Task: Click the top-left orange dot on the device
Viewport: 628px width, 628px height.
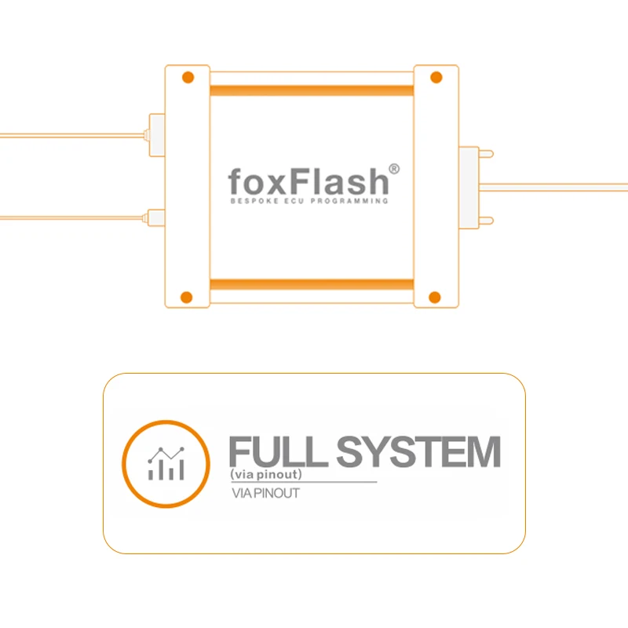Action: pyautogui.click(x=188, y=77)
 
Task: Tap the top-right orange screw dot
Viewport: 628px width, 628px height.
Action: pyautogui.click(x=436, y=77)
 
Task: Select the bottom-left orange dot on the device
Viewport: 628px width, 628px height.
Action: pyautogui.click(x=187, y=298)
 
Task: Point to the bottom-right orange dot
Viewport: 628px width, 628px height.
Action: pyautogui.click(x=435, y=298)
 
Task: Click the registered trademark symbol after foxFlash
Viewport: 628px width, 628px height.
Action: pyautogui.click(x=394, y=169)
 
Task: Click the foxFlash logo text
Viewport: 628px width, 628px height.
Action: pyautogui.click(x=309, y=181)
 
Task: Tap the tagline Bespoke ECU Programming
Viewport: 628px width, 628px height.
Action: pyautogui.click(x=309, y=201)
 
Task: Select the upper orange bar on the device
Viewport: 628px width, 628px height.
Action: pyautogui.click(x=312, y=90)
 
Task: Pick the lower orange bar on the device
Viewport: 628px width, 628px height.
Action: pyautogui.click(x=312, y=284)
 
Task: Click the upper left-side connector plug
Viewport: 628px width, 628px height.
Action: pyautogui.click(x=156, y=135)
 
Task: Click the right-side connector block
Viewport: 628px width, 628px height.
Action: pyautogui.click(x=469, y=188)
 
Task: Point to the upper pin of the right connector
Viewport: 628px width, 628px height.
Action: pyautogui.click(x=486, y=154)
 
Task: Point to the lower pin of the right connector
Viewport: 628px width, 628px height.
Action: pyautogui.click(x=486, y=221)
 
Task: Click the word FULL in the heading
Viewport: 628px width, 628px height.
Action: pyautogui.click(x=279, y=451)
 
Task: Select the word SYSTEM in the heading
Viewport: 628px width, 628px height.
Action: pyautogui.click(x=418, y=451)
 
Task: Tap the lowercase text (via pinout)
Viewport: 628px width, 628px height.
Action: pyautogui.click(x=266, y=474)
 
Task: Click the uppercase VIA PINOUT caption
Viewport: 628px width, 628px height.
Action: pyautogui.click(x=265, y=493)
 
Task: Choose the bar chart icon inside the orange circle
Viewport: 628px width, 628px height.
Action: pyautogui.click(x=166, y=463)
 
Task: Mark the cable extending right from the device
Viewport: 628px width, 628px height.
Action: pyautogui.click(x=553, y=187)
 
